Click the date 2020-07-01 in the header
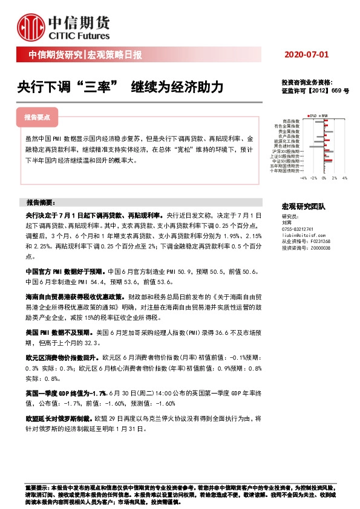[x=306, y=55]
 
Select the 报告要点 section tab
[x=41, y=117]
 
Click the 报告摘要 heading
[x=40, y=202]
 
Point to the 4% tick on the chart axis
[x=344, y=178]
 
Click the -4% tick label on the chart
[x=304, y=178]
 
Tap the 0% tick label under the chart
[x=324, y=178]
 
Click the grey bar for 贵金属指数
[x=329, y=131]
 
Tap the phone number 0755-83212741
[x=298, y=229]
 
